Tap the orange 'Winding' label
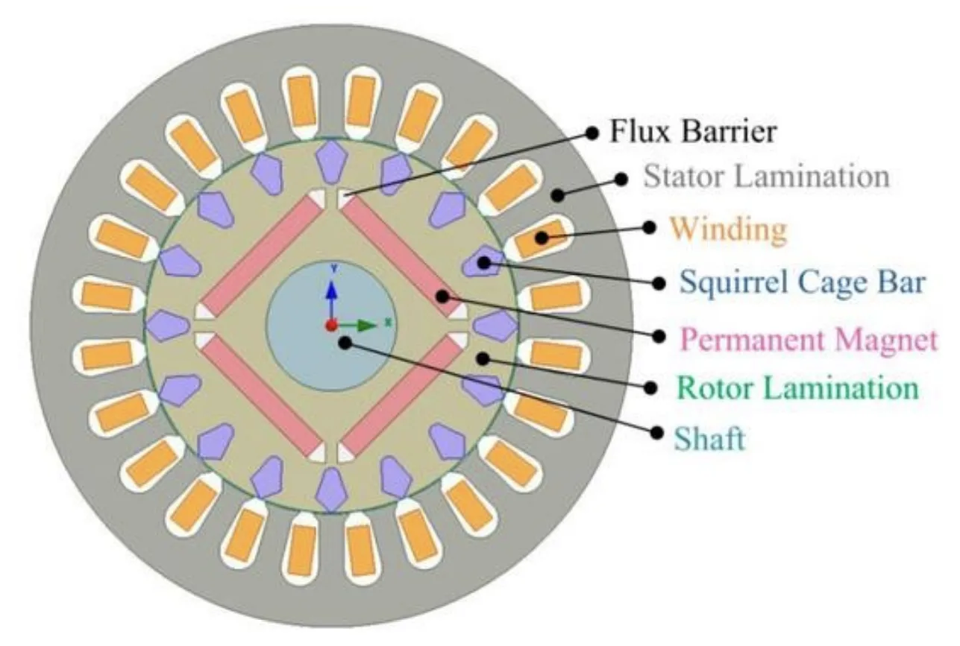point(728,229)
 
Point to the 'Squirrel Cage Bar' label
point(803,282)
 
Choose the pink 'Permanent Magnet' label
point(809,340)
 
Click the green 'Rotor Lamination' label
point(797,388)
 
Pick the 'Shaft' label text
point(709,439)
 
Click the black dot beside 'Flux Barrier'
point(592,133)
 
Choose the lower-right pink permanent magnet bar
point(399,394)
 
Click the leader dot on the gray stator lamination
point(557,195)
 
